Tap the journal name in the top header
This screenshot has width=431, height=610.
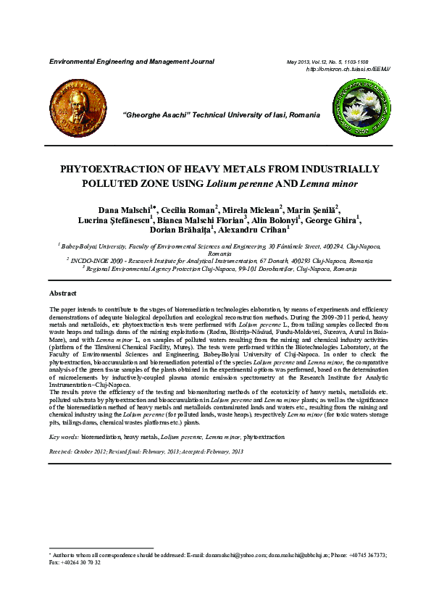[x=131, y=62]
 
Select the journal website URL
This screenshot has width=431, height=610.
[x=348, y=69]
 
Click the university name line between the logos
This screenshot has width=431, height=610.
[x=222, y=115]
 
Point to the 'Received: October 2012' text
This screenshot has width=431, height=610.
[x=78, y=451]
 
